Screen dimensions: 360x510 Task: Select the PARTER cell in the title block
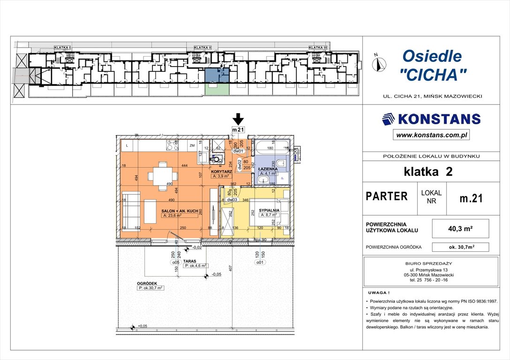[387, 196]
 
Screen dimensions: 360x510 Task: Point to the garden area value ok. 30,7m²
[460, 247]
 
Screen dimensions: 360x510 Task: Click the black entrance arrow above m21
[239, 119]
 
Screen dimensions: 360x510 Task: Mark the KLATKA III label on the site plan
[318, 47]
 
